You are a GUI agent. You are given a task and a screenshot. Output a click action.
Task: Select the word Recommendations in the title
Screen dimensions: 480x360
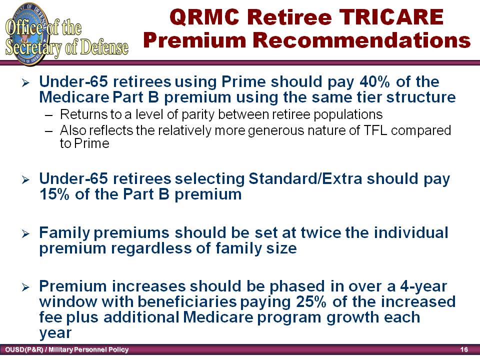click(x=361, y=40)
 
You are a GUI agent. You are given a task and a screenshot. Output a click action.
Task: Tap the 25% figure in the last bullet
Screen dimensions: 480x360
click(x=311, y=301)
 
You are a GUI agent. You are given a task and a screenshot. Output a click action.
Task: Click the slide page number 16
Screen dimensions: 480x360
click(x=464, y=349)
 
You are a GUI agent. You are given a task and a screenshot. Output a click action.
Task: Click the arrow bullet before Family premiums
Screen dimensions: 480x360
click(x=25, y=234)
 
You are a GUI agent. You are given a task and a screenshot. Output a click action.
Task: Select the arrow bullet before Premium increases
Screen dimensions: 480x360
click(x=25, y=287)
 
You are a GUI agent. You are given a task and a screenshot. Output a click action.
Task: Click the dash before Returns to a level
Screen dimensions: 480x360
click(x=48, y=115)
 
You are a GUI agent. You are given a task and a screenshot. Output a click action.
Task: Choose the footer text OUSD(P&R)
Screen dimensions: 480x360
click(x=24, y=349)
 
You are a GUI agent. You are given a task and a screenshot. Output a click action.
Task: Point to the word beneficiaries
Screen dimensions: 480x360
click(x=187, y=301)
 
